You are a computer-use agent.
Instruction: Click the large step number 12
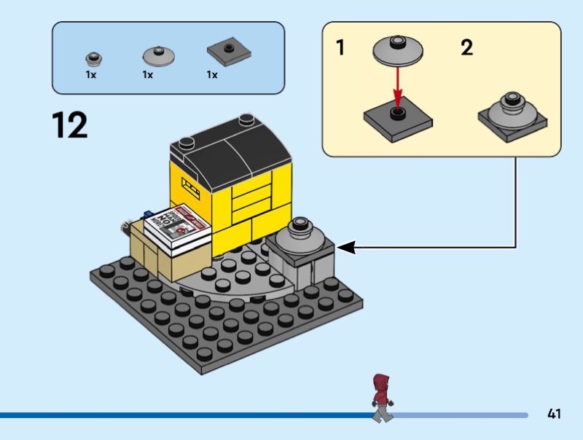point(70,125)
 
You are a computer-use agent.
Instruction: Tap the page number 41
point(554,414)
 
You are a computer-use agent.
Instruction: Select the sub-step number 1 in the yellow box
point(340,49)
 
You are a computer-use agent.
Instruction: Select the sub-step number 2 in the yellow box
point(467,49)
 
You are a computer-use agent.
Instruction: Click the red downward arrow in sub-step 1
point(397,86)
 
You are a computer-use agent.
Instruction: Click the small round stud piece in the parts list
point(92,58)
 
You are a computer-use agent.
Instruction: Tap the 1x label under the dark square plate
point(212,75)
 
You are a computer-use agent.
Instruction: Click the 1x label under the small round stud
point(91,75)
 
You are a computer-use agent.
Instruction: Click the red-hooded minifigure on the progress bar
point(380,397)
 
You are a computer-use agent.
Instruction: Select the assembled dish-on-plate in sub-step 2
point(513,113)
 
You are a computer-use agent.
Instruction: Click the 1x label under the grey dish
point(148,75)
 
